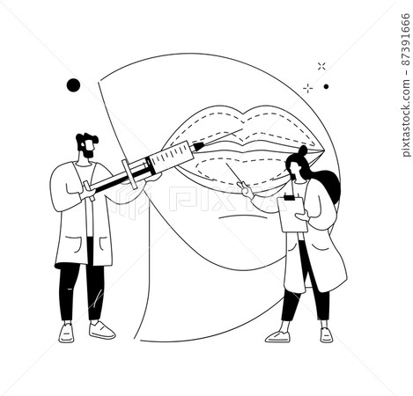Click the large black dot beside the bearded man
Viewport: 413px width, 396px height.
[73, 85]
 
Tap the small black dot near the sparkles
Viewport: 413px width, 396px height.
[326, 86]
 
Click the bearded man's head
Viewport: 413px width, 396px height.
[87, 145]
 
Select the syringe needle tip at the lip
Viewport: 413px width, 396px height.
[242, 129]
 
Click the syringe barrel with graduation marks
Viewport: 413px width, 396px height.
[171, 156]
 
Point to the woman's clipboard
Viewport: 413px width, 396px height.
[292, 214]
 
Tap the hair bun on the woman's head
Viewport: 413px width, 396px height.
[303, 150]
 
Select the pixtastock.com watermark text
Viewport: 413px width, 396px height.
[406, 118]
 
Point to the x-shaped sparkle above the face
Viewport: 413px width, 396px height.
[321, 66]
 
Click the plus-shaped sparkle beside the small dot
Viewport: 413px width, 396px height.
[307, 88]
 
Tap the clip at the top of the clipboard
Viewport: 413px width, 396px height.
[290, 197]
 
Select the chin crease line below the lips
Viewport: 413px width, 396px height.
[241, 216]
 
